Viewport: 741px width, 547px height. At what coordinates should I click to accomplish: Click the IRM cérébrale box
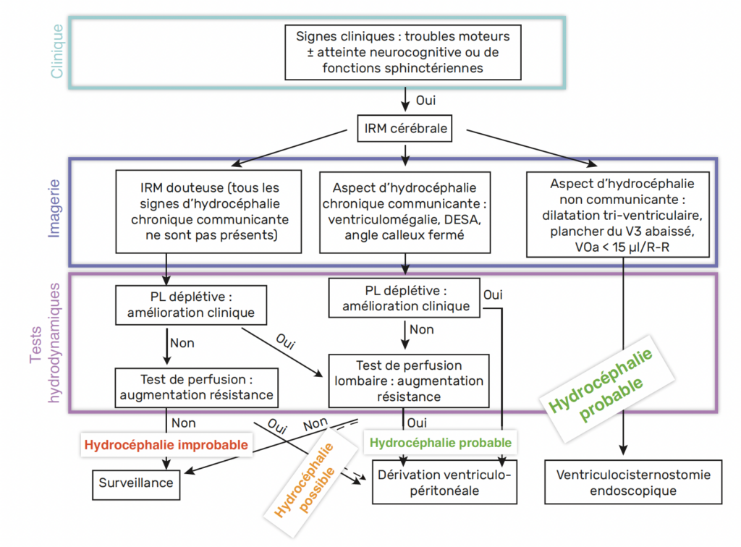point(405,128)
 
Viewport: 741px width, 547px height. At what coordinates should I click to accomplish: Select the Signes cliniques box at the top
point(402,52)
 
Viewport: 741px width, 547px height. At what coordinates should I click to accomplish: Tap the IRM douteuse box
point(208,211)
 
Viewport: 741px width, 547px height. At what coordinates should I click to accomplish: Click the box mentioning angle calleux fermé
point(405,212)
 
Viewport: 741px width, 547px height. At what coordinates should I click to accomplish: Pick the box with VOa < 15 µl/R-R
point(618,214)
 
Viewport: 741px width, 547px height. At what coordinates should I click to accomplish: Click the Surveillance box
point(136,485)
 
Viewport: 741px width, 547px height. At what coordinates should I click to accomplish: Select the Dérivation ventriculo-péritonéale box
point(444,482)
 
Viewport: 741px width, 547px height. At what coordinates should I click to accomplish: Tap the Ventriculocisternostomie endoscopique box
point(633,482)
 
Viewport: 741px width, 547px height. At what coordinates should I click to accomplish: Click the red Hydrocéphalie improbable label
point(166,445)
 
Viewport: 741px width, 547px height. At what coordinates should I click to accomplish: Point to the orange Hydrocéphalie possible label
point(310,480)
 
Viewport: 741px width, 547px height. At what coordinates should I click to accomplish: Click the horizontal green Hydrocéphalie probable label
point(441,443)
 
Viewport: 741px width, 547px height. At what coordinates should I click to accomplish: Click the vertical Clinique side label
point(56,51)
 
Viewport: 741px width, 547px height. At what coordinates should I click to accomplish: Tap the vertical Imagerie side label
point(54,208)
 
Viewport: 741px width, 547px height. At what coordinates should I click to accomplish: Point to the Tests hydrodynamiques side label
point(45,343)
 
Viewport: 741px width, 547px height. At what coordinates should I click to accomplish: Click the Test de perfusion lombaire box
point(409,381)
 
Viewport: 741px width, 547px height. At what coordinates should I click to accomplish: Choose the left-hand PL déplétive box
point(191,305)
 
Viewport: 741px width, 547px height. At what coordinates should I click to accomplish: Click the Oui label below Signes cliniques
point(425,101)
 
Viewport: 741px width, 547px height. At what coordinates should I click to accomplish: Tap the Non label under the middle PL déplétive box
point(422,330)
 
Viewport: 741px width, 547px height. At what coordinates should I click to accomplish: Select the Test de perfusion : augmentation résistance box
point(197,388)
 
